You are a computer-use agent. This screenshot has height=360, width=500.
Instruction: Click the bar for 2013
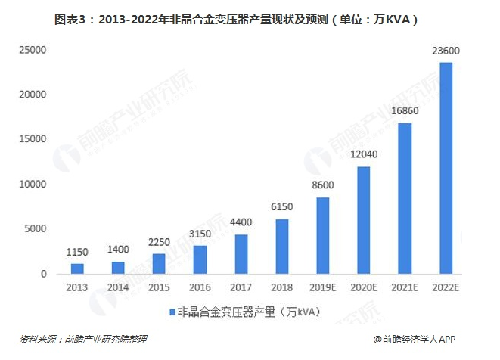[78, 268]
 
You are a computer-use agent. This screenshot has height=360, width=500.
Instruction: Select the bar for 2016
[200, 259]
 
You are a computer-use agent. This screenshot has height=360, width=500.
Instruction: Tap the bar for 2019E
[323, 235]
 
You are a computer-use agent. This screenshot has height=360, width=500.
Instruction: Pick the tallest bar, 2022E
[446, 168]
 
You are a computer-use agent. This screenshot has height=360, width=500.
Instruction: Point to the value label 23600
[446, 51]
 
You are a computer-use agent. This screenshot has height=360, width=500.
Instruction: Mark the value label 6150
[282, 207]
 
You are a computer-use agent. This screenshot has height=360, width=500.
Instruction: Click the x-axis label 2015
[160, 288]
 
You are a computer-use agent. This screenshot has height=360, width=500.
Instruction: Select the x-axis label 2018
[282, 288]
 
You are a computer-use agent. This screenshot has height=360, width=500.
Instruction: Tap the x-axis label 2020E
[364, 288]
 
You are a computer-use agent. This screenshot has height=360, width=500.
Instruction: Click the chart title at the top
[250, 16]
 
